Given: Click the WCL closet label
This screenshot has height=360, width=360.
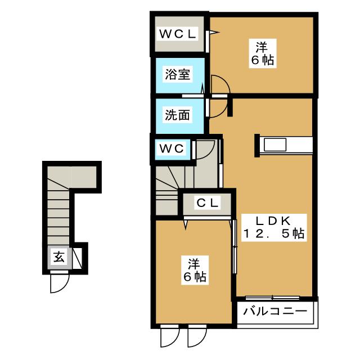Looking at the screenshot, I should pyautogui.click(x=177, y=34).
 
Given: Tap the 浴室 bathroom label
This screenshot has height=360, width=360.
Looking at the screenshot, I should pyautogui.click(x=177, y=74).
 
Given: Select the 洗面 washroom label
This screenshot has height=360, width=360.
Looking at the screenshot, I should pyautogui.click(x=177, y=115).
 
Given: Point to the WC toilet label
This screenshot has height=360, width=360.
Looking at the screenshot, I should pyautogui.click(x=172, y=149).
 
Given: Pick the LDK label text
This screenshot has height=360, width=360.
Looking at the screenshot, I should pyautogui.click(x=274, y=220).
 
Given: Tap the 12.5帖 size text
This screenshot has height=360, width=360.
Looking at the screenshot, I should pyautogui.click(x=274, y=234).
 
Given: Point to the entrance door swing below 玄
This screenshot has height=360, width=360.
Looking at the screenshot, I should pyautogui.click(x=58, y=283).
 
